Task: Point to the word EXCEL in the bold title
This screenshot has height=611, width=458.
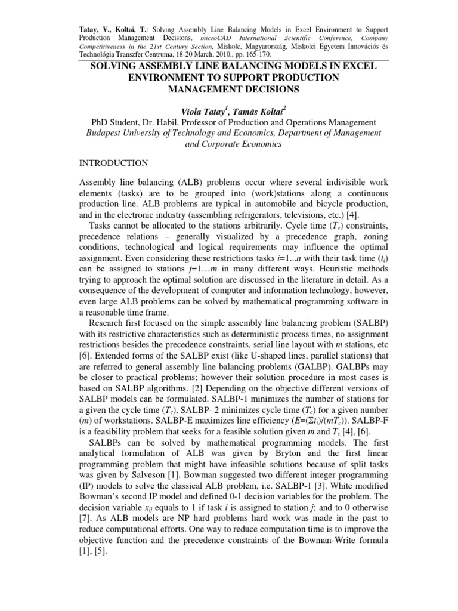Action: coord(359,66)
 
